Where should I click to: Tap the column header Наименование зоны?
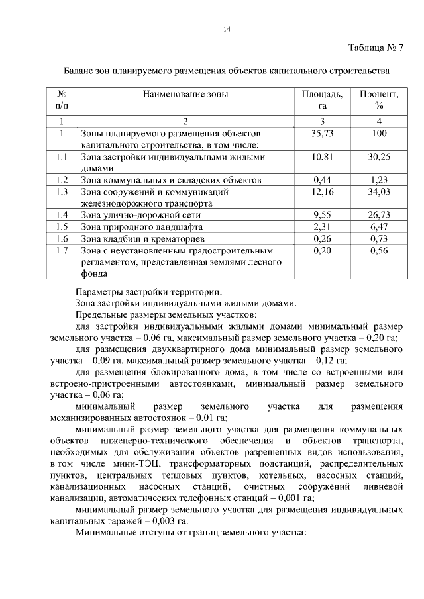pyautogui.click(x=185, y=94)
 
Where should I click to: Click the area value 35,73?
pyautogui.click(x=323, y=133)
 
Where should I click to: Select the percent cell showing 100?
pyautogui.click(x=379, y=133)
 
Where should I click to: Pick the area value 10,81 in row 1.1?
pyautogui.click(x=323, y=157)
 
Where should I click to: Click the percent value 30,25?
pyautogui.click(x=379, y=157)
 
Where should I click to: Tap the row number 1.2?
pyautogui.click(x=62, y=179)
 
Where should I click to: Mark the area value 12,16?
pyautogui.click(x=323, y=191)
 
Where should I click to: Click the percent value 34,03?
pyautogui.click(x=379, y=191)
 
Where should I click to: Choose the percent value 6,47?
pyautogui.click(x=379, y=226)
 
